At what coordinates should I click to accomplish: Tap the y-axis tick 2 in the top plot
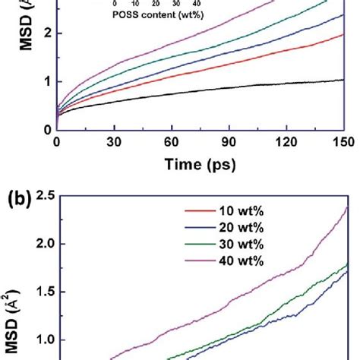46,33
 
